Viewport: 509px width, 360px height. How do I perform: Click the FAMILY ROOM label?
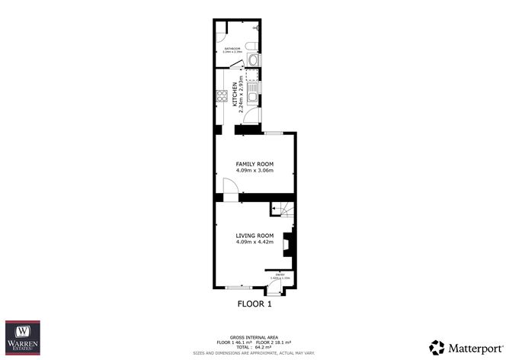254,164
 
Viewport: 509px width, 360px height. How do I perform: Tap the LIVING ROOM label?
254,235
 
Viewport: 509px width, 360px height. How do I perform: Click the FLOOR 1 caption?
254,304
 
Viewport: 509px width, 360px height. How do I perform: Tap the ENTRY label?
279,274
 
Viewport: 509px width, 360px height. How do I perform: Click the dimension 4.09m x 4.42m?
254,243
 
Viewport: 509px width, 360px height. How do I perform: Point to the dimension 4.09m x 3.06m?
254,171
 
